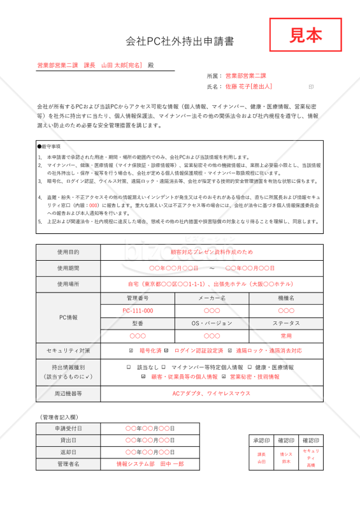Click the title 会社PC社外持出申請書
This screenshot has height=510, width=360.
click(180, 41)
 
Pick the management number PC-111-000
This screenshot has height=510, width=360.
click(138, 310)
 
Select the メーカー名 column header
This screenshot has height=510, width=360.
click(212, 298)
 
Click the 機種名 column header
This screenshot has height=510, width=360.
click(286, 298)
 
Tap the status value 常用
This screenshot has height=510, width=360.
click(286, 335)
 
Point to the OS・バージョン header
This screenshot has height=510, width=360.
click(212, 323)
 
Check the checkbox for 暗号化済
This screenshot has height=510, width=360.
click(131, 351)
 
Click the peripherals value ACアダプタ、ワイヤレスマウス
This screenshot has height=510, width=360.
click(212, 393)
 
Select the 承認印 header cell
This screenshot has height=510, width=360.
click(262, 440)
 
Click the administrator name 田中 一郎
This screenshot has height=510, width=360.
click(171, 464)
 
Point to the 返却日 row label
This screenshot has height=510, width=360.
click(68, 452)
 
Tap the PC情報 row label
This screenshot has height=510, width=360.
click(68, 317)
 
